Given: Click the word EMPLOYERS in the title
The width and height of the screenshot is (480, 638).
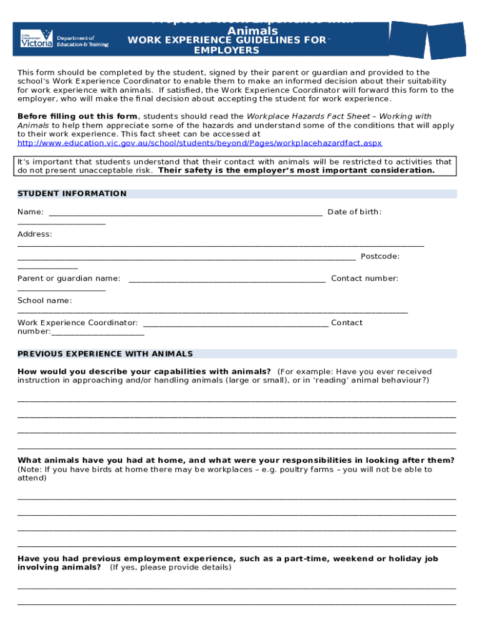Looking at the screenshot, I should point(226,50).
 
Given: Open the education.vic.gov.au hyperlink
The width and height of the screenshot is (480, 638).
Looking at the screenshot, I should point(199,143).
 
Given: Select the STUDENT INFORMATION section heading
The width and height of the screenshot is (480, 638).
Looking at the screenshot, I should point(72,194).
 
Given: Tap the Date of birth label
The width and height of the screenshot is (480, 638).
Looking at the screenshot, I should point(354,212).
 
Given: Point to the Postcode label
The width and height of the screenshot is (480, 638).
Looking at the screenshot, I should point(380,256).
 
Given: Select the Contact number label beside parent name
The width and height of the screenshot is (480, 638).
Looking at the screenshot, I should point(364,279).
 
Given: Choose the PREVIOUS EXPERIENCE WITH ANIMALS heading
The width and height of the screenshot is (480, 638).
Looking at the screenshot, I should point(105,354).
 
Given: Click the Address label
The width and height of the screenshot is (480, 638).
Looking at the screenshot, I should point(34,234).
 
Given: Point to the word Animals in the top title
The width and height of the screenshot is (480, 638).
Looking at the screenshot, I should point(252,31).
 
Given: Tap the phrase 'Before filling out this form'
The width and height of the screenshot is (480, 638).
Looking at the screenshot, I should point(77,117).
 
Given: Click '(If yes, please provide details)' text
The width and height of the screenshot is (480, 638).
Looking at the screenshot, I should point(170,568).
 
